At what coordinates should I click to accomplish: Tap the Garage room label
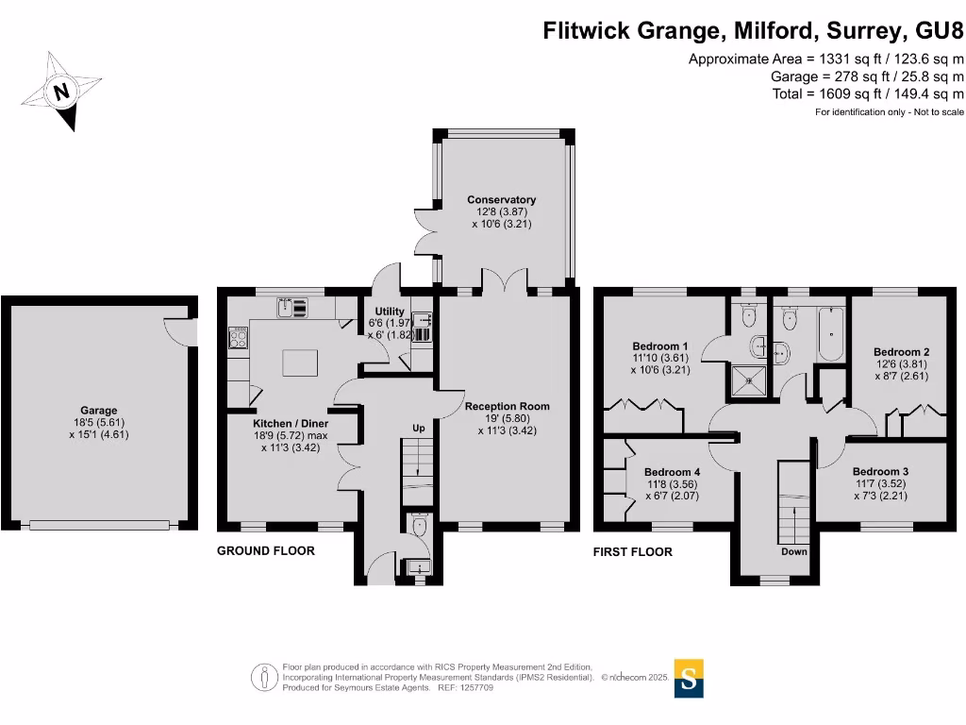click(98, 422)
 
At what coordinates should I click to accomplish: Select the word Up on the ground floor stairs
click(419, 429)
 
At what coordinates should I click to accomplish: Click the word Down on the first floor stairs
click(794, 551)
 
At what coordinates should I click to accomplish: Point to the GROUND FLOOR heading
click(266, 550)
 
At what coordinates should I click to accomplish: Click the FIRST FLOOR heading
click(632, 551)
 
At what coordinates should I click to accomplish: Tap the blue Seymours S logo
click(690, 678)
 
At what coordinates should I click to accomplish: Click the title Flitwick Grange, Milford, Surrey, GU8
click(753, 31)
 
